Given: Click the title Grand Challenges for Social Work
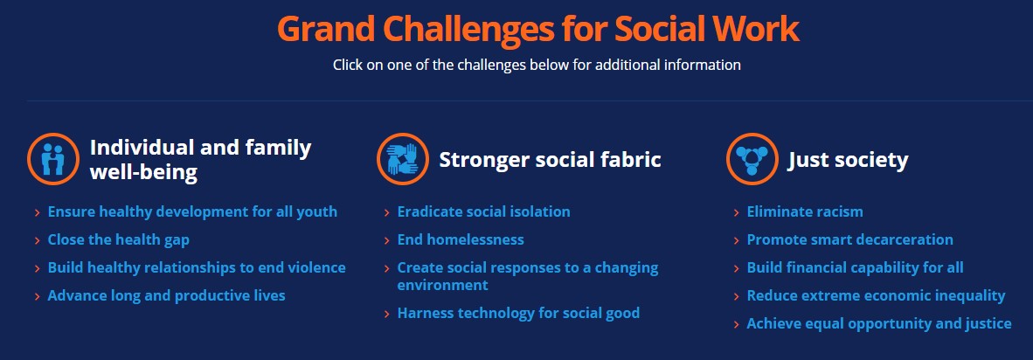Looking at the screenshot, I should coord(537,29).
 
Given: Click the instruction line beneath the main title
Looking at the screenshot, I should coord(537,66).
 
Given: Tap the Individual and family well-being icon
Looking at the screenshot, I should coord(53,159).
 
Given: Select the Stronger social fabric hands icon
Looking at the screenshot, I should coord(403,159).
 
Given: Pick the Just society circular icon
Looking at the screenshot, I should coord(752,159).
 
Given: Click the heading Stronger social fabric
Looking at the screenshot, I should coord(550,160).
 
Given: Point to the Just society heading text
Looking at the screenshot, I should coord(848,160).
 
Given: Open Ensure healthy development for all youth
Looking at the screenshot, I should coord(192,211).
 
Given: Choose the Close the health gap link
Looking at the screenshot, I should coord(118,239).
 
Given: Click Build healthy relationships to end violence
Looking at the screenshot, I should coord(197,267).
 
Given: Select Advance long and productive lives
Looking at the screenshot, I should coord(166,295).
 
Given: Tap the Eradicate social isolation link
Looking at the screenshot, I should coord(483,211).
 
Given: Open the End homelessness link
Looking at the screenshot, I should coord(461,239).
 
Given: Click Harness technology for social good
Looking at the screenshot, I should coord(518,313).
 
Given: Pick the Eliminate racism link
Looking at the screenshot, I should coord(804,211).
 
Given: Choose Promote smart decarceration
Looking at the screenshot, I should coord(849,239).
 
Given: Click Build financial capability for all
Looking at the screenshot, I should coord(855,267).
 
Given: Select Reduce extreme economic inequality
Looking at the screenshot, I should coord(876,295).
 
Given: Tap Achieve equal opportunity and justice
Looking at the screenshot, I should coord(878,323).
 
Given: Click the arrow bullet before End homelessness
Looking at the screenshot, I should coord(386,240).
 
